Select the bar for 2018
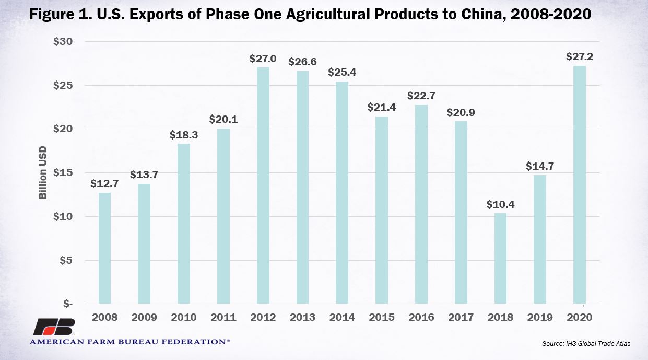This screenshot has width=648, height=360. point(500,259)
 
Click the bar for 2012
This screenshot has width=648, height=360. point(263,185)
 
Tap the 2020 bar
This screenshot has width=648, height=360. point(580,184)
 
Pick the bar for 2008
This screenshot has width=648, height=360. point(104,248)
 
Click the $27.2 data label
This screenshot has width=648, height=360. point(580,56)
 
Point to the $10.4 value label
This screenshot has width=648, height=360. point(500,204)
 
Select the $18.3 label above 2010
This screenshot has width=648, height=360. point(184,135)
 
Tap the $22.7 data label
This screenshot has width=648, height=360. point(421,96)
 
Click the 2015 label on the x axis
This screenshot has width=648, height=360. point(382,317)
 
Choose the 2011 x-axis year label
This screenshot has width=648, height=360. point(223,317)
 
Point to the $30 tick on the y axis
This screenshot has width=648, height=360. point(63,41)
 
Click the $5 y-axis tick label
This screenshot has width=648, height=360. point(66,260)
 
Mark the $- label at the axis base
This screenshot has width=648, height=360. point(68,304)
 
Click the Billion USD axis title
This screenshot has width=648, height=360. point(42,172)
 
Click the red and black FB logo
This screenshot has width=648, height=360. point(55,327)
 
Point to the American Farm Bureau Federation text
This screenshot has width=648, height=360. point(129,342)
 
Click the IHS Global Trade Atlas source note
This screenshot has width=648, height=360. point(586,343)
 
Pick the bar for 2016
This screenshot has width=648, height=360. point(421,204)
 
